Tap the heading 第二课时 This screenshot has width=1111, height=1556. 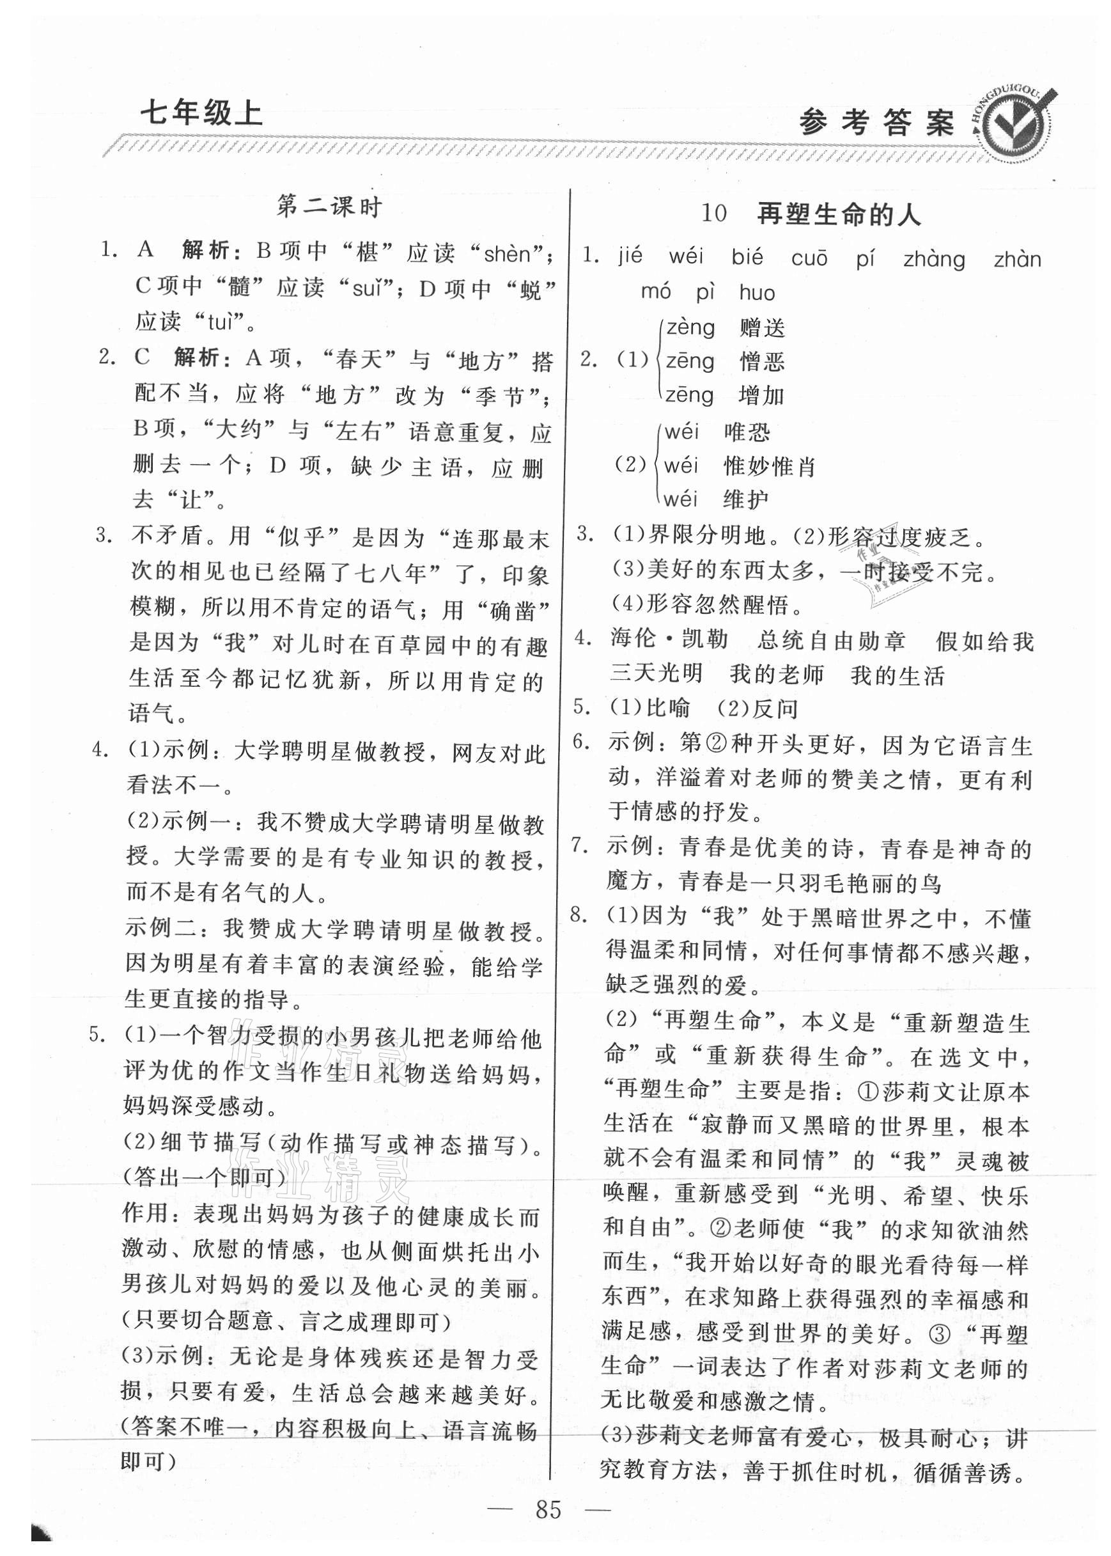(329, 207)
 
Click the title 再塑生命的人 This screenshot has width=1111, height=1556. (839, 215)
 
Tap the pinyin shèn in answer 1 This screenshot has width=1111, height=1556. (506, 255)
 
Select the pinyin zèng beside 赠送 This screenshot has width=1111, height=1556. (690, 327)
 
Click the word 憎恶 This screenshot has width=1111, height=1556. (762, 361)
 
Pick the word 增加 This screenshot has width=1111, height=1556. (761, 395)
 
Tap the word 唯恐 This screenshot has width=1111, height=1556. (747, 432)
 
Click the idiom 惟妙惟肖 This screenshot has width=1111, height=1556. (770, 467)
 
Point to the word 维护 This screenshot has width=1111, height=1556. (747, 500)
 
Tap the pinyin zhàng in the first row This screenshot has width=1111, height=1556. (934, 260)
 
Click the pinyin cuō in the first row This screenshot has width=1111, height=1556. (809, 258)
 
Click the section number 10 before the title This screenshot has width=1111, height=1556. (713, 214)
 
